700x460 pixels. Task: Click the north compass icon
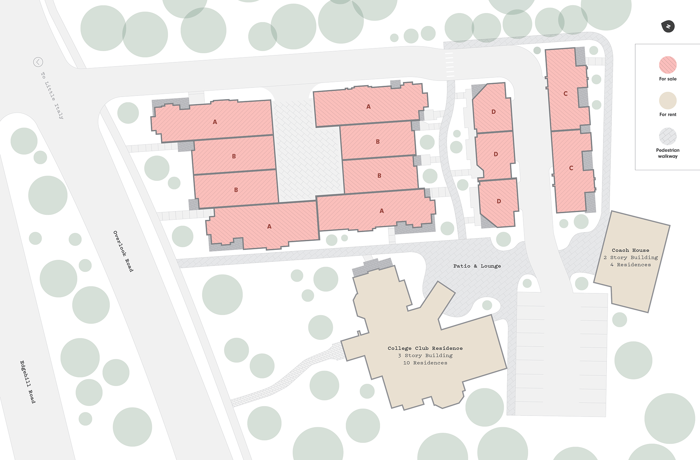coord(668,27)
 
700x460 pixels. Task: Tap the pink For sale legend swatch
coord(668,65)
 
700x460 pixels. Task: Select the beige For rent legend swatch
coord(668,100)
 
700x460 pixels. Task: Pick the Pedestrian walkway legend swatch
coord(668,136)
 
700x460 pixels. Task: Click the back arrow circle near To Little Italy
coord(38,62)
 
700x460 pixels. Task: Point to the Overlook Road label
coord(123,251)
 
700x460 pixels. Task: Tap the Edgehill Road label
coord(28,382)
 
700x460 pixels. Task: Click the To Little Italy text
coord(52,96)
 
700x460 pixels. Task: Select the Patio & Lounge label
coord(477,266)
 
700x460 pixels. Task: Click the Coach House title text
coord(630,250)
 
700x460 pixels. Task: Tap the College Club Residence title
coord(425,348)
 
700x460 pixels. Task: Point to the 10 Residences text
coord(425,363)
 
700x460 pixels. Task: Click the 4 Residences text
coord(630,265)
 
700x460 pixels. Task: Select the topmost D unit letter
coord(493,112)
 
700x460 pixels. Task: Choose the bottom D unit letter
coord(499,201)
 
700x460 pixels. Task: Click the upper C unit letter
coord(566,94)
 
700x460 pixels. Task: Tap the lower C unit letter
coord(571,168)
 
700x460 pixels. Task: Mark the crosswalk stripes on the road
coord(450,65)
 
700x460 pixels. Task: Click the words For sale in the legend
coord(668,79)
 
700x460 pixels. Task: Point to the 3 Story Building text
coord(425,356)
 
